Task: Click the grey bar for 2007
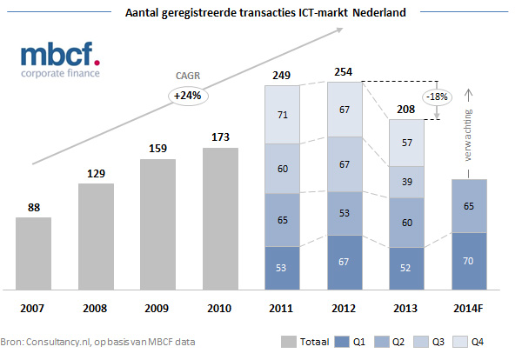[x=33, y=252]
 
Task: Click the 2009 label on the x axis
[x=158, y=308]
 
